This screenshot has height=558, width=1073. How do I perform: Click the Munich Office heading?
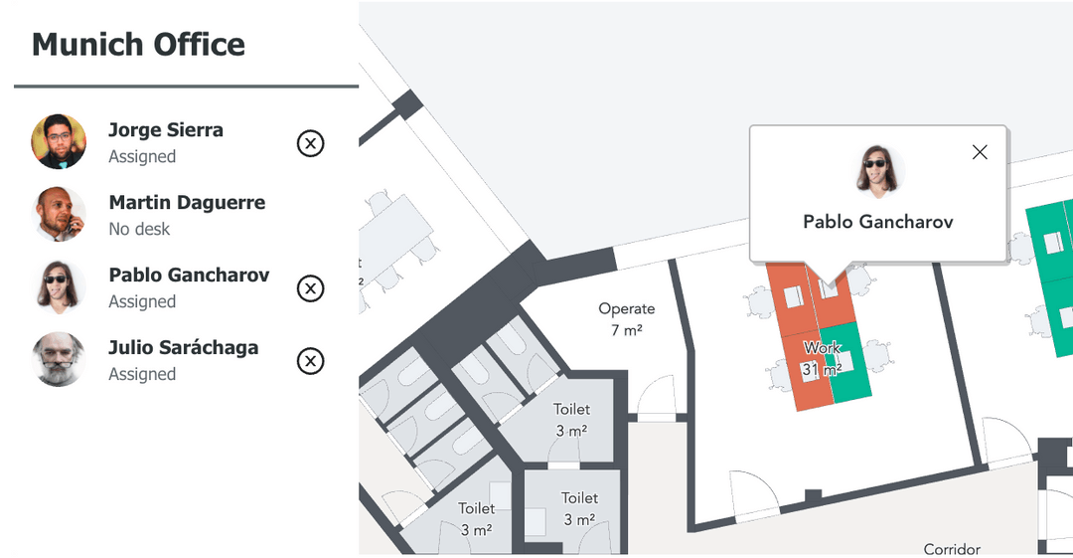(138, 45)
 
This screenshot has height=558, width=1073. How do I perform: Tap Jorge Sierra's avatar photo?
(59, 141)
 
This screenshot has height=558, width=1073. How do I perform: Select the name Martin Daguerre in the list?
(187, 203)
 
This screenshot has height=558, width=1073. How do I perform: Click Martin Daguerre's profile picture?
(59, 214)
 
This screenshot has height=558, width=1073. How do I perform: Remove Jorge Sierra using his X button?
(311, 144)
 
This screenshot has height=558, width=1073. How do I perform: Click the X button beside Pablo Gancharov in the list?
(311, 288)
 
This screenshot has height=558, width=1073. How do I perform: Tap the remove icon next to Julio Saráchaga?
(311, 361)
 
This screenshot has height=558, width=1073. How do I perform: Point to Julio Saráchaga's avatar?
(59, 359)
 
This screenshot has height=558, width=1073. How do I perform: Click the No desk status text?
(139, 229)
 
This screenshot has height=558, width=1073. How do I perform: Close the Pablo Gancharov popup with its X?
(980, 152)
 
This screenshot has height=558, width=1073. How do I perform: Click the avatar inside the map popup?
(878, 171)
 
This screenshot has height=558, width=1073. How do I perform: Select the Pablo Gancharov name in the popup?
(878, 222)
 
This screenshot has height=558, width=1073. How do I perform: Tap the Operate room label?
(627, 308)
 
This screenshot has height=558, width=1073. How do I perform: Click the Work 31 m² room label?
(823, 358)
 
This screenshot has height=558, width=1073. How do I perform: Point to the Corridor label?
(952, 549)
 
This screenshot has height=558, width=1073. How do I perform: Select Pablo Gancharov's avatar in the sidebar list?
(59, 286)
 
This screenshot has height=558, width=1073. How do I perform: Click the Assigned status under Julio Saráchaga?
(142, 374)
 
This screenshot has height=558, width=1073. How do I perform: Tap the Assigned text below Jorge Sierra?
(142, 156)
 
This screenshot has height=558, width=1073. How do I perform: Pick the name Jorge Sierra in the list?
(166, 130)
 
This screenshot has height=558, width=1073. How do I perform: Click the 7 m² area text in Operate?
(627, 330)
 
